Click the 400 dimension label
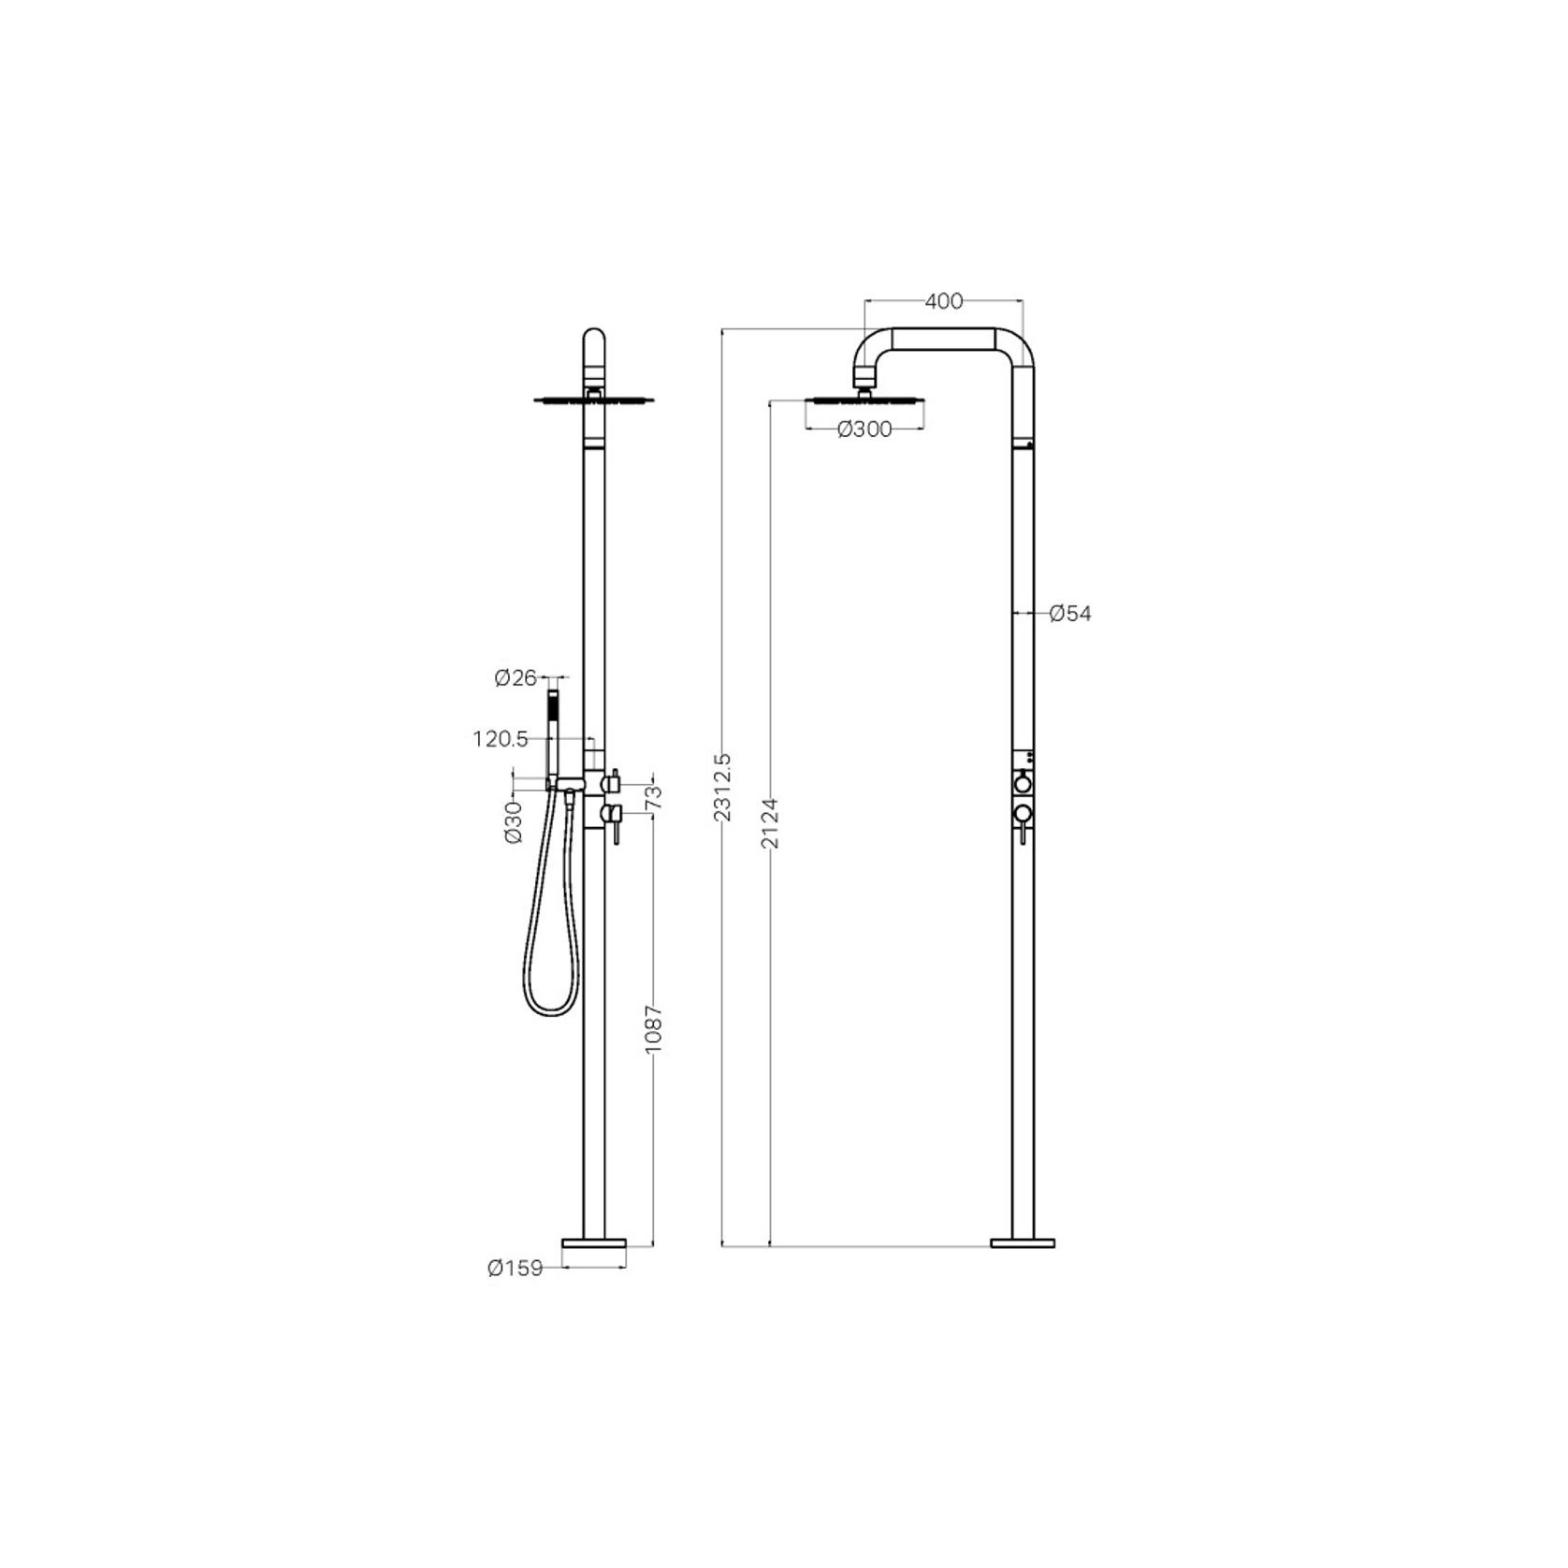click(943, 301)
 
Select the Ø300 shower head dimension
click(864, 429)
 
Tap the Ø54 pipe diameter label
click(1070, 614)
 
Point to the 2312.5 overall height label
click(722, 787)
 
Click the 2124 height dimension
click(770, 823)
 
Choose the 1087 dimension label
click(654, 1031)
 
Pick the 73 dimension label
click(654, 796)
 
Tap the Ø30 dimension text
click(514, 822)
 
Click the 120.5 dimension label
click(501, 739)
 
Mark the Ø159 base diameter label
click(515, 1269)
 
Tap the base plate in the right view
click(1023, 1242)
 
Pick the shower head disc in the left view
click(593, 400)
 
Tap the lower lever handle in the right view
click(1024, 823)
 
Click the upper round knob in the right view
click(1024, 782)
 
